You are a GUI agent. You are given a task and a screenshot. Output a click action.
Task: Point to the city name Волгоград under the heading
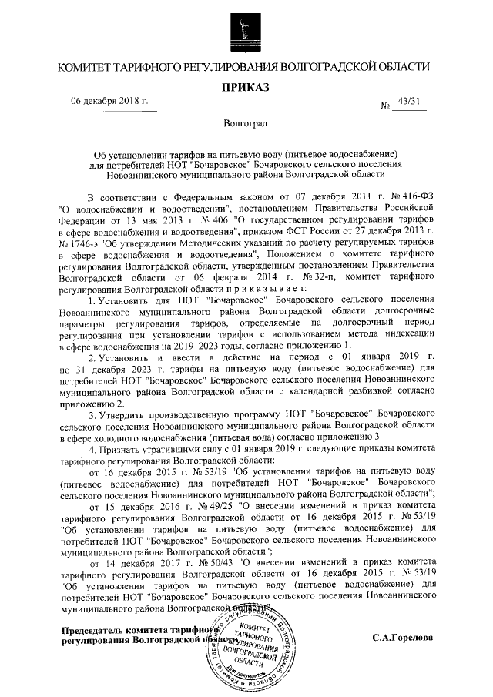click(x=246, y=124)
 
